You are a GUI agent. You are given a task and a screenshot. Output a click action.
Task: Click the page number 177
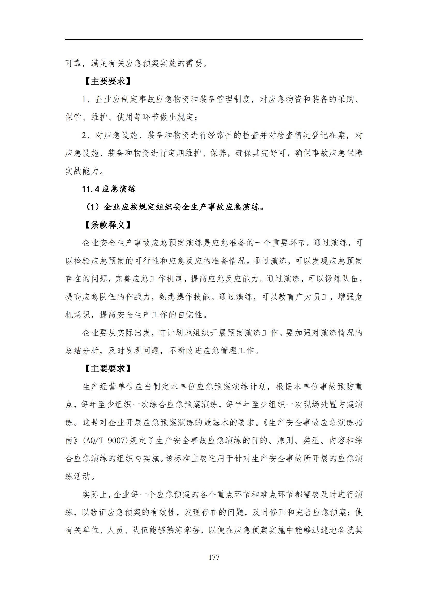(214, 557)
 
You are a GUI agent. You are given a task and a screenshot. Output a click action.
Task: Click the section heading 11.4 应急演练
(109, 189)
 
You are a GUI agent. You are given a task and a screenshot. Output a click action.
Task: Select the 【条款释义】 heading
(108, 225)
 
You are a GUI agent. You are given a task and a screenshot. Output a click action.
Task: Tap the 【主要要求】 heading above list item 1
(108, 81)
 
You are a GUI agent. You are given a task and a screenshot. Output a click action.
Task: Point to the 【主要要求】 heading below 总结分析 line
(108, 368)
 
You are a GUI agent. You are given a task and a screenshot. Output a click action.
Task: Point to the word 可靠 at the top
(73, 63)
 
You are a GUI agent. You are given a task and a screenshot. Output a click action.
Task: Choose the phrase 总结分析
(82, 350)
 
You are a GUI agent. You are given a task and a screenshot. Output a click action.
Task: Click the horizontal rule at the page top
(214, 40)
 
